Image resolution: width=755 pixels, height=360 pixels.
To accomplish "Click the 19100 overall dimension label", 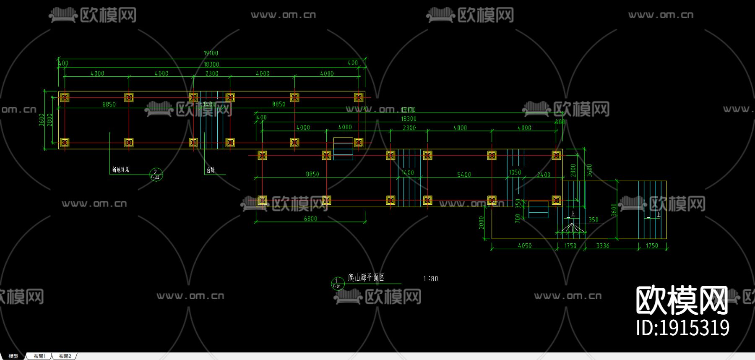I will [211, 53].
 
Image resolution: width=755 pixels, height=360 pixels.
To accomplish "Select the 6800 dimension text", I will [310, 219].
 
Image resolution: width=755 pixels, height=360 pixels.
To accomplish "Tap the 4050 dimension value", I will [525, 246].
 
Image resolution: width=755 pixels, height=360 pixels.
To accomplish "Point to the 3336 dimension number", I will [603, 246].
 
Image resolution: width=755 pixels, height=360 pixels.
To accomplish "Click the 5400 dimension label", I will [464, 175].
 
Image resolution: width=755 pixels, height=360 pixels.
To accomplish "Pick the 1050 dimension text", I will [515, 172].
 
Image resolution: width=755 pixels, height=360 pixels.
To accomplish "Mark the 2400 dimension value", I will [544, 175].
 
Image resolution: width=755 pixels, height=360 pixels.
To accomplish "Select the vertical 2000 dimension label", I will [482, 222].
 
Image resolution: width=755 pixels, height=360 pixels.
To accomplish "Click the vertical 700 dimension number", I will [518, 218].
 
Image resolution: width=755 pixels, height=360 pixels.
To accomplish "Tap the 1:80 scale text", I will [431, 279].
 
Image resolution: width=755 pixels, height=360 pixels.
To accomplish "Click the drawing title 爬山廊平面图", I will [366, 277].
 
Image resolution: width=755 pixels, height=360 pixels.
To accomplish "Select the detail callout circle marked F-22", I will [156, 175].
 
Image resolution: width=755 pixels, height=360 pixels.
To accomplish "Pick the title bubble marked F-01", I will [337, 284].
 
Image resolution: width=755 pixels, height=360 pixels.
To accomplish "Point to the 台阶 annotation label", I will [211, 170].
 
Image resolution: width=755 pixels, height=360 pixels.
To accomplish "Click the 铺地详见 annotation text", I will [120, 170].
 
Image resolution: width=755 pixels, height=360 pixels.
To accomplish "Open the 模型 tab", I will [13, 356].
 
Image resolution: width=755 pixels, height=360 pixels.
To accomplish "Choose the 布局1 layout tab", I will [40, 356].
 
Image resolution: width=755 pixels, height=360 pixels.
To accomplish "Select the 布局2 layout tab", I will [65, 356].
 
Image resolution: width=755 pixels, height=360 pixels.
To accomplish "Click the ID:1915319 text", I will [682, 328].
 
